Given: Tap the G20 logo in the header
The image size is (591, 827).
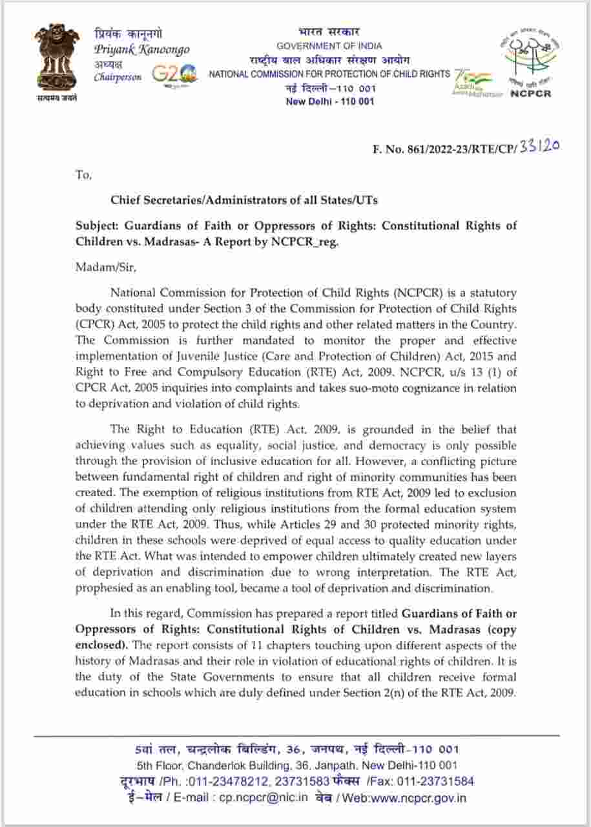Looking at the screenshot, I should [x=174, y=73].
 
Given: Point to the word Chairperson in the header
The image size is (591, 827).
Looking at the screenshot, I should [x=118, y=78].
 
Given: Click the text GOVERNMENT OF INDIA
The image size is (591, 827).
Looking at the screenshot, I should [x=329, y=46].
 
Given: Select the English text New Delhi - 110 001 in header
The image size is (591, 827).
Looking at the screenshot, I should [x=329, y=101].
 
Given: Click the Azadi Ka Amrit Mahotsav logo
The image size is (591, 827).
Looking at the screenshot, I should [x=477, y=83].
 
